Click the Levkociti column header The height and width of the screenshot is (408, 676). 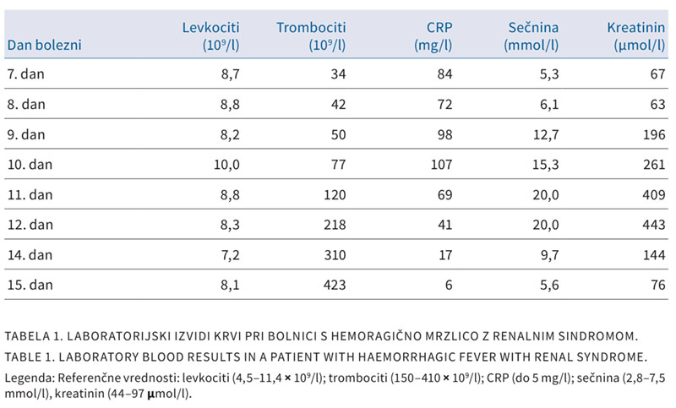tap(210, 36)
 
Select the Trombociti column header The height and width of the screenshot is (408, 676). tap(311, 36)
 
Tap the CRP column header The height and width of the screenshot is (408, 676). tap(433, 36)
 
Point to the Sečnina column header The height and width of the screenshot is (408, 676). tap(532, 36)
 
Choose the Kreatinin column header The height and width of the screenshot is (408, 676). tap(636, 36)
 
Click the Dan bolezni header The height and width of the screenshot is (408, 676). tap(45, 45)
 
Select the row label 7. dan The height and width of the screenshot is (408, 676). tap(26, 74)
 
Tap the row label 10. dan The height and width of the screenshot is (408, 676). tap(30, 165)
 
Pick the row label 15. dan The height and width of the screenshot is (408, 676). tap(30, 285)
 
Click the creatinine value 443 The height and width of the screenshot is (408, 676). tap(653, 225)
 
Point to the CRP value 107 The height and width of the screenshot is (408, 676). tap(441, 165)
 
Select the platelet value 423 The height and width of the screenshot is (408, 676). tap(335, 285)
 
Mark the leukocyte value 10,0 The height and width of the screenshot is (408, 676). tap(226, 165)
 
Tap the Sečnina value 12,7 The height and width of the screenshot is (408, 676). tap(545, 135)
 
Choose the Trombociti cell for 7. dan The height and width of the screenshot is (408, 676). tap(339, 74)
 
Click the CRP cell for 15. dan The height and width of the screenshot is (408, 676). tap(449, 285)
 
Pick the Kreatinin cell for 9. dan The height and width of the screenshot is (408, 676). tap(653, 135)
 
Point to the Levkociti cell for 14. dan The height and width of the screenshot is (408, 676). tap(230, 255)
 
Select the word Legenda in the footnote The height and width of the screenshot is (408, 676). tap(29, 378)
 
